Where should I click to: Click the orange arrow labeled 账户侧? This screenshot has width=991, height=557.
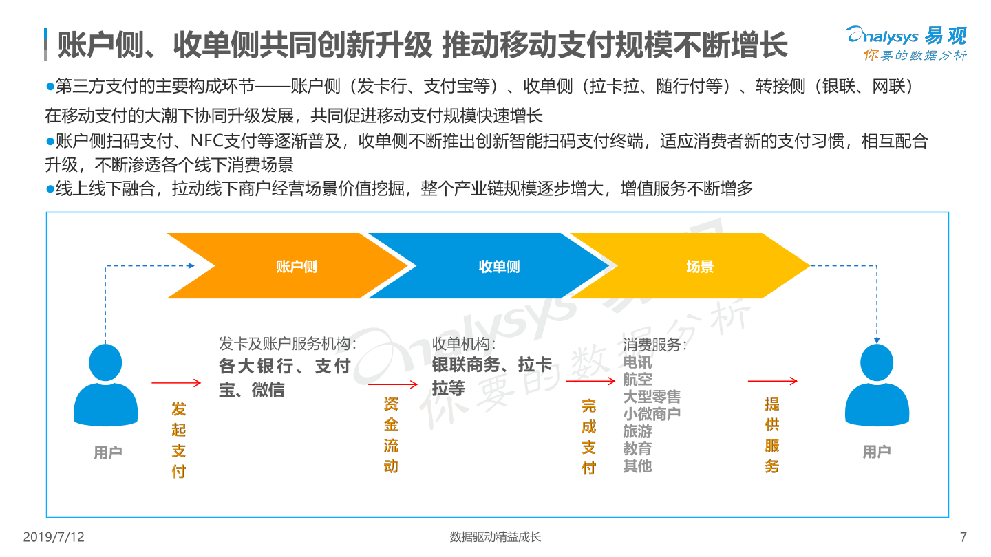288,265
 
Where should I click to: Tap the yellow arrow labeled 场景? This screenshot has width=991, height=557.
690,265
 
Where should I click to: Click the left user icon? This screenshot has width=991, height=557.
105,384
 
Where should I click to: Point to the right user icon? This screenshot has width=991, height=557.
877,384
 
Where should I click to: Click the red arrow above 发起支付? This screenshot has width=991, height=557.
176,383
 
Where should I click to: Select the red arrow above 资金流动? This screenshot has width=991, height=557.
393,384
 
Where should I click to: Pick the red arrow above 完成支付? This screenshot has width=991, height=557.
590,381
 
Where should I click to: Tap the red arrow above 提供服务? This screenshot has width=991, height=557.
772,381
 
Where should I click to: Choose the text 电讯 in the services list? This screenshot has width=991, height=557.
637,362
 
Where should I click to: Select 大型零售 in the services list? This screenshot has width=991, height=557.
652,397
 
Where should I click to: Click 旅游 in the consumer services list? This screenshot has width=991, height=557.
637,431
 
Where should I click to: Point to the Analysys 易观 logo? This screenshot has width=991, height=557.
906,43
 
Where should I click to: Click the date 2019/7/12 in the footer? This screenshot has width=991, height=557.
54,536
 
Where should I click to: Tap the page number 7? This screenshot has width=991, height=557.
963,536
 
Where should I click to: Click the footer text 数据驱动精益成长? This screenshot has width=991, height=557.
495,536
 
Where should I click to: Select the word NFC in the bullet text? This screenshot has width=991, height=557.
207,141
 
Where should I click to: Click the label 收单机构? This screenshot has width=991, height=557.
460,344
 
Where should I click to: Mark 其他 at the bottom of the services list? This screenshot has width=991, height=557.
637,466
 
